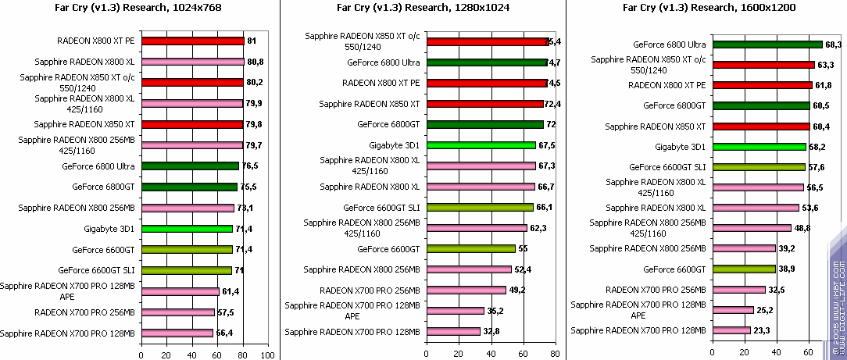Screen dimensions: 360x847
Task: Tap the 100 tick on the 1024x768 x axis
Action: point(268,355)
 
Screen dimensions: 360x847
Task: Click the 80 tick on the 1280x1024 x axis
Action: point(553,355)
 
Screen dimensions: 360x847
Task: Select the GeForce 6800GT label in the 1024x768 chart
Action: point(103,187)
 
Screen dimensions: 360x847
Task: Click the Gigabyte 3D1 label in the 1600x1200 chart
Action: point(680,146)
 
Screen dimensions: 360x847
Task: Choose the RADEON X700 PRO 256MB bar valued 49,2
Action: point(472,290)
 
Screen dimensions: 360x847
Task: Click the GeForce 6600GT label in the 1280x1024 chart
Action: point(388,248)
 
